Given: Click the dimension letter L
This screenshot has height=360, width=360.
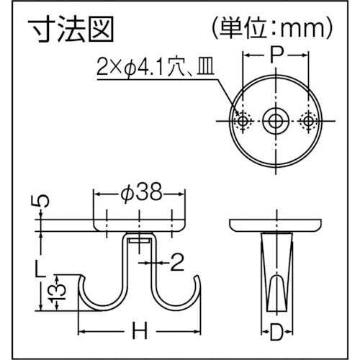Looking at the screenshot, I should click(x=42, y=269).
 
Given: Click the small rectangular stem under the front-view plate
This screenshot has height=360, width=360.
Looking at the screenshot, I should click(x=140, y=241).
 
